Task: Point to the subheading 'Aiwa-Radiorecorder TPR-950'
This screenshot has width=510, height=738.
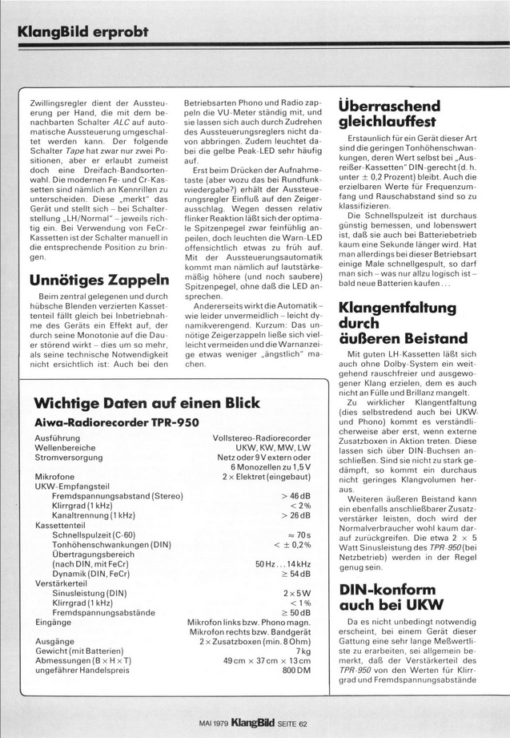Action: (x=117, y=421)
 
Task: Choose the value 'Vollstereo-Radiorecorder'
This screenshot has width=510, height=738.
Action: (x=262, y=438)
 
